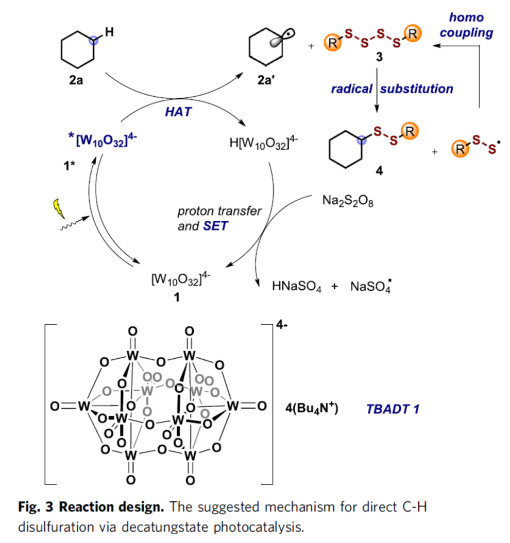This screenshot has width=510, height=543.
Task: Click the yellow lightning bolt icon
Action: (56, 207)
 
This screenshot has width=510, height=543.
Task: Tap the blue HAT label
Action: (178, 112)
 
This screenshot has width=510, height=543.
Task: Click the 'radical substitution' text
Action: (392, 89)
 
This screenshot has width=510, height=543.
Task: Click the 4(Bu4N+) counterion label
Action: (311, 409)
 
